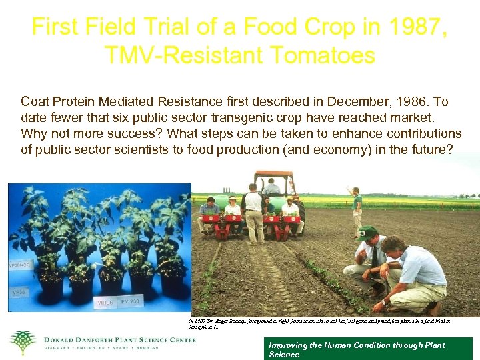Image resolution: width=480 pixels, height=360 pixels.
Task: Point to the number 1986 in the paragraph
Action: tap(415, 102)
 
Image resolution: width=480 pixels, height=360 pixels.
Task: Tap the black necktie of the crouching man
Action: tap(374, 256)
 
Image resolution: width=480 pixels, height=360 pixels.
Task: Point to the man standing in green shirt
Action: tap(357, 212)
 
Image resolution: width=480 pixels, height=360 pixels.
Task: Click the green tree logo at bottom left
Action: tap(22, 343)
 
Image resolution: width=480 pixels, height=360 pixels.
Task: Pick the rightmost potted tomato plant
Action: tap(172, 253)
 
